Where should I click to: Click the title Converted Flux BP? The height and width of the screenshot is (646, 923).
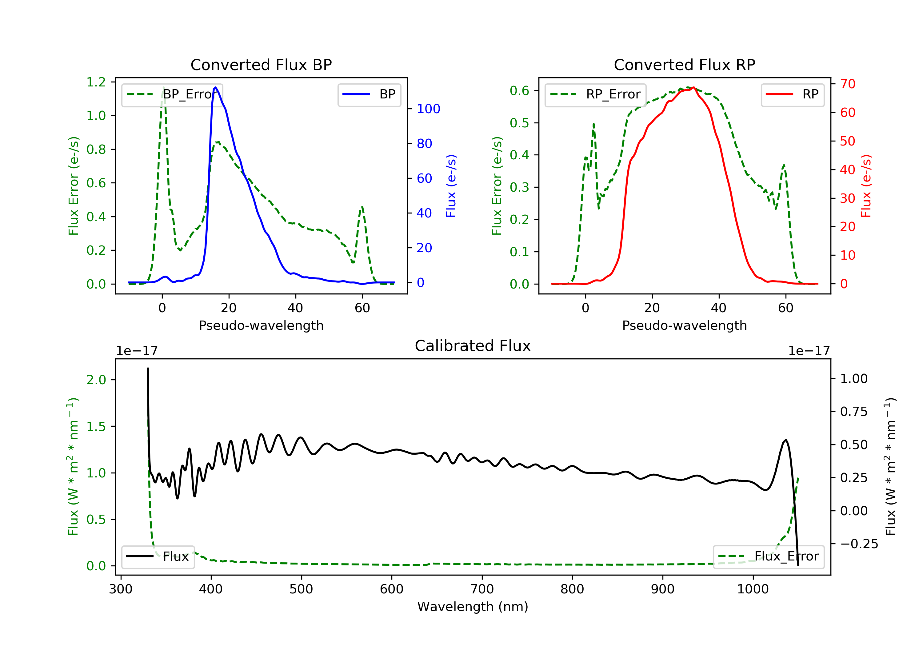261,65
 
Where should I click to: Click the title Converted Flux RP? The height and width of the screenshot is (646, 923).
684,65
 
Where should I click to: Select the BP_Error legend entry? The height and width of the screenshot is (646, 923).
172,94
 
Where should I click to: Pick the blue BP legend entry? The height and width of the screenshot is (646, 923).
369,94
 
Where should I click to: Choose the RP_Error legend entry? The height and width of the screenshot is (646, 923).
595,94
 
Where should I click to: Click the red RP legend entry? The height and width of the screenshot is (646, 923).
792,94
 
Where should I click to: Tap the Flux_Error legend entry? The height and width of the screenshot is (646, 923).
768,556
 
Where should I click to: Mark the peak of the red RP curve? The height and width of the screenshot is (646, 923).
694,87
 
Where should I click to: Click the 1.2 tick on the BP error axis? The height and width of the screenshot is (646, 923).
96,82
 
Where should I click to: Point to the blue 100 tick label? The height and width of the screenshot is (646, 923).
428,109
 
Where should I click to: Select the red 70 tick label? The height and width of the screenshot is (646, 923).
847,84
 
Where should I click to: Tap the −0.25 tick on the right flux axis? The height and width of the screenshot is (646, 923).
859,544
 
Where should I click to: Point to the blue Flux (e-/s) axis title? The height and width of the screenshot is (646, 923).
451,186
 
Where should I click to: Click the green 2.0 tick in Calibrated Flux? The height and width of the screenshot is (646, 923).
96,380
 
